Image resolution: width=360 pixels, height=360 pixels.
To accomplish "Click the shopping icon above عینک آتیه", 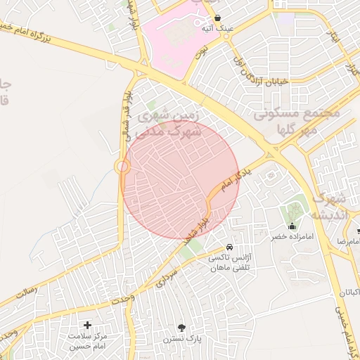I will point(217,18).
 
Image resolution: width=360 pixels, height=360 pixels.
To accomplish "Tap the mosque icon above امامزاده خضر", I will point(292,226).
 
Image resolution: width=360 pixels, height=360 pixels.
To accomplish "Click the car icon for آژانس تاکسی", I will point(230,248).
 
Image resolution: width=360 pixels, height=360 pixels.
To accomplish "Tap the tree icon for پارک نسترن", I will point(182,327).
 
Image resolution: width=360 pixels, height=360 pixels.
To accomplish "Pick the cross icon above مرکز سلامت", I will point(87,325).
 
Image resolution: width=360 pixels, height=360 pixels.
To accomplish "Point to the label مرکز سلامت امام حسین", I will point(87,341).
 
